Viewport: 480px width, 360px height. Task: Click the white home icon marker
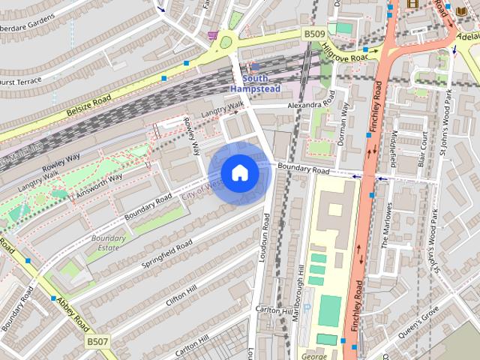click(239, 172)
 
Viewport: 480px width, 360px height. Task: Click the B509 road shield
click(313, 34)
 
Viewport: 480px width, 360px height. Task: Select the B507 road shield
click(96, 341)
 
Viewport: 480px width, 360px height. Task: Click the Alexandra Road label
click(306, 106)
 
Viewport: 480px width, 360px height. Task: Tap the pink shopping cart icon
click(213, 35)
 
